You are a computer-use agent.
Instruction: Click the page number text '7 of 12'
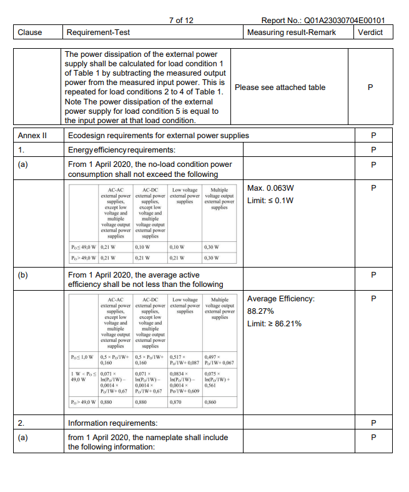tap(181, 21)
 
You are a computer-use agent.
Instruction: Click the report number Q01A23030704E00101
tap(324, 21)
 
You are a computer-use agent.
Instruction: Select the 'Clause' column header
tap(29, 33)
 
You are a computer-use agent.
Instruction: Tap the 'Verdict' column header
tap(370, 33)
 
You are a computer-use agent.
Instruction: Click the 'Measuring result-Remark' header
tap(291, 33)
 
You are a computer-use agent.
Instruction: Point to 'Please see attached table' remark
tap(280, 88)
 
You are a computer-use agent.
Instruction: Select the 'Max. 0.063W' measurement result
tap(271, 188)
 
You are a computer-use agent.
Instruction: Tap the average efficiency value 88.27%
tap(261, 311)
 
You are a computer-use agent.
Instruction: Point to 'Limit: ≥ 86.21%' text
tap(275, 323)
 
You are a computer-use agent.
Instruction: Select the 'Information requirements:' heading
tap(112, 423)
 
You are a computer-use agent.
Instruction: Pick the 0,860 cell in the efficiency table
tap(210, 403)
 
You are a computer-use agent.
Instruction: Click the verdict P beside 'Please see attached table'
tap(371, 88)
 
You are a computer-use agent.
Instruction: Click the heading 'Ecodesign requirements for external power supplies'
tap(158, 136)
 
